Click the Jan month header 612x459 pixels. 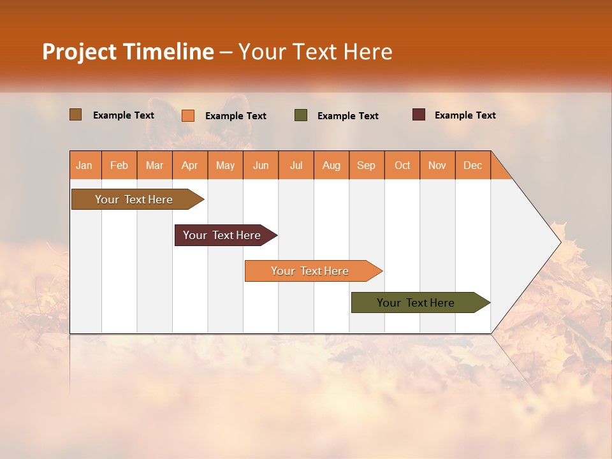coord(84,165)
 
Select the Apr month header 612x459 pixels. coord(189,165)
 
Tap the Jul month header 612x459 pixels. coord(296,165)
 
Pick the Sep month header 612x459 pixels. coord(366,165)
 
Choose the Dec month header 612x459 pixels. coord(472,165)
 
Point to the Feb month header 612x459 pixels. coord(119,165)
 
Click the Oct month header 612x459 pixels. coord(402,165)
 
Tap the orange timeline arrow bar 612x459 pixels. coord(311,271)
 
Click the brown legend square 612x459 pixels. coord(75,115)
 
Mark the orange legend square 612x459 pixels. coord(188,115)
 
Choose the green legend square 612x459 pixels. coord(301,115)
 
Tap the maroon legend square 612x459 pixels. coord(419,115)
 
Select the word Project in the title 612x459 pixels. coord(80,52)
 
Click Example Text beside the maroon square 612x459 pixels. coord(465,115)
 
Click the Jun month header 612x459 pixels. coord(261,165)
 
